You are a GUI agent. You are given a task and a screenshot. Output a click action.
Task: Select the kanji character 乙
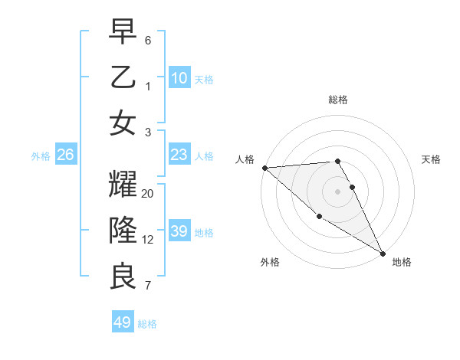(123, 78)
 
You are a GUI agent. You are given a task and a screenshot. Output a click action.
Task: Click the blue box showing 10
(179, 77)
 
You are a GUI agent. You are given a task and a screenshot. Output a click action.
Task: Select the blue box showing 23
(179, 155)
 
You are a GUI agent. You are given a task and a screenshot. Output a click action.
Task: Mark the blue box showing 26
(66, 155)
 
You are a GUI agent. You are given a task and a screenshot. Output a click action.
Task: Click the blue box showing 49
(122, 322)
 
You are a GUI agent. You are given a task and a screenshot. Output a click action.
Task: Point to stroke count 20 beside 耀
(148, 194)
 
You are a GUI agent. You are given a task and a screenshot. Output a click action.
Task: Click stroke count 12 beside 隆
(148, 239)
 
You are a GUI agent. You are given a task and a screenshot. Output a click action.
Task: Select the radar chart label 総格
(338, 100)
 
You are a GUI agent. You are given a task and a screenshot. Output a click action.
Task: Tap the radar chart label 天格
(431, 159)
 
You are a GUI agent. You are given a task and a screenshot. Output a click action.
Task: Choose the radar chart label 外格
(270, 262)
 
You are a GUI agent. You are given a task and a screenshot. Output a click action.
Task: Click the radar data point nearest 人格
(264, 168)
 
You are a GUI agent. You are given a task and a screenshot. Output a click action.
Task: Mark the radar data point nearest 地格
(383, 254)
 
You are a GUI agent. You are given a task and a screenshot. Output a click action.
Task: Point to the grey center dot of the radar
(337, 191)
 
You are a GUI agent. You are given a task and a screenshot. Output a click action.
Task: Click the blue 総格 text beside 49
(147, 324)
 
